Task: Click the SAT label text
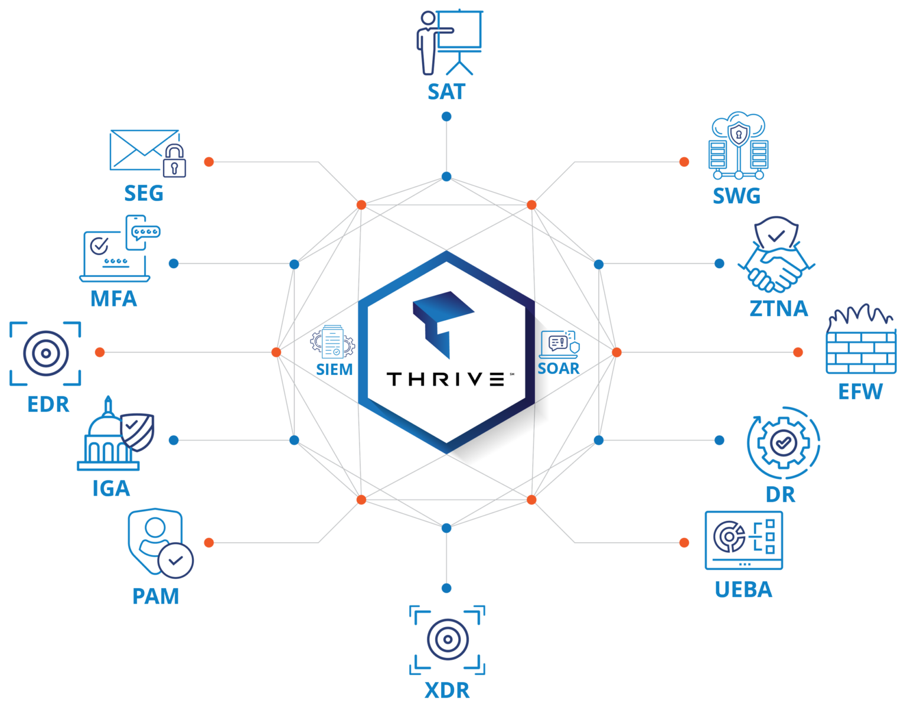coord(446,92)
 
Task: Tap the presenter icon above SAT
coord(449,42)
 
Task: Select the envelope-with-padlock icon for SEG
coord(148,154)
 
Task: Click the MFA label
coord(113,298)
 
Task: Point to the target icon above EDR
coord(45,353)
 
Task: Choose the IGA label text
coord(111,488)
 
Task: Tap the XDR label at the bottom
coord(447,690)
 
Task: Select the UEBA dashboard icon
coord(743,540)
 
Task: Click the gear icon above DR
coord(783,442)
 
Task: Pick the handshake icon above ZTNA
coord(777,255)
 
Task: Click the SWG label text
coord(736,195)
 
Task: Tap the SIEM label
coord(334,369)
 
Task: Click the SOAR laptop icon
coord(559,344)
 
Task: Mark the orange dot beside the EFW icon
coord(798,352)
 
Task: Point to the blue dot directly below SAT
coord(446,116)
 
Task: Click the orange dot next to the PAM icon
coord(208,543)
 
